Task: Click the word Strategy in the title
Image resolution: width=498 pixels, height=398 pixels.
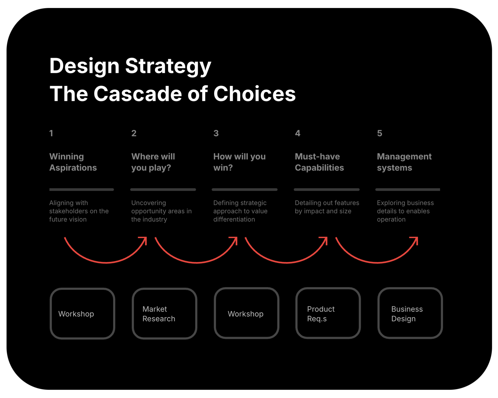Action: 168,66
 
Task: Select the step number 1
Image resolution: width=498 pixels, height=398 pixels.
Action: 51,133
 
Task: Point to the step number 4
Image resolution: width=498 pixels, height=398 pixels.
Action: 298,133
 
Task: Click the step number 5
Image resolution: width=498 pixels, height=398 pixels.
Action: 380,133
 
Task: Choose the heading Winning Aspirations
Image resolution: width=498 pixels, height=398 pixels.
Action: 73,162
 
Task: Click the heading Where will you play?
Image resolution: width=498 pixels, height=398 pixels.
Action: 153,162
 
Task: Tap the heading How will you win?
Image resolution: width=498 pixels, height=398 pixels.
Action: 239,162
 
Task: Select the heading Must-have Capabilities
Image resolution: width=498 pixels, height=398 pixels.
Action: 319,162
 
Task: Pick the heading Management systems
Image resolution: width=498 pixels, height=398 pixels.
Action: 404,162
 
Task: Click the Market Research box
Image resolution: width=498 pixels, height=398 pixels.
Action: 165,314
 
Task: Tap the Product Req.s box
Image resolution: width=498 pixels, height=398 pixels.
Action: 328,313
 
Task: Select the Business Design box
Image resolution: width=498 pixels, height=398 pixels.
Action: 410,313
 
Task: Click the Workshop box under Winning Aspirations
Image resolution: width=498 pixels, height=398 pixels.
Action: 83,314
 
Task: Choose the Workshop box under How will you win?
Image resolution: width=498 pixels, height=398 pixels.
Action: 247,313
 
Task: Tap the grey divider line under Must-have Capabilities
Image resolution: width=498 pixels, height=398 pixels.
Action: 326,190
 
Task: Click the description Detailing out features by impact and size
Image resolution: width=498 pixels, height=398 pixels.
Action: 327,207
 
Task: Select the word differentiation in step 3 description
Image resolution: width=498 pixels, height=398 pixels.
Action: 234,219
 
